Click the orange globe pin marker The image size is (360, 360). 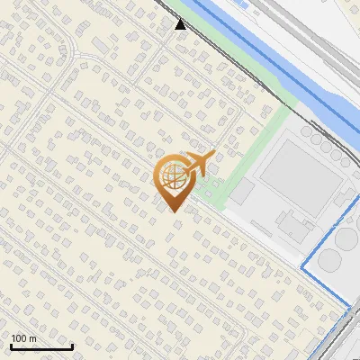[173, 180]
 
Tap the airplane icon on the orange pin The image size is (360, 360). [200, 162]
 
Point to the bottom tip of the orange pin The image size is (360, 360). [173, 211]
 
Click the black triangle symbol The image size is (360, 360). [181, 24]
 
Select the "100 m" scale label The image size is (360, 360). [22, 338]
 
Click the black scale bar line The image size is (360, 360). [40, 347]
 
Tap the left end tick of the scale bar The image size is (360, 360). [10, 346]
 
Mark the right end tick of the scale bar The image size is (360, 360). [72, 346]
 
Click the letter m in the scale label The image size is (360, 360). [32, 338]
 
